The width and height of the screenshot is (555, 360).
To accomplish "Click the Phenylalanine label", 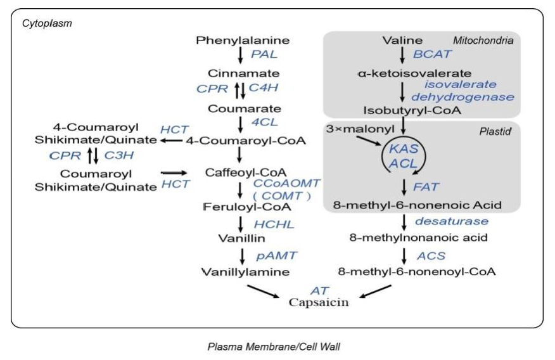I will (x=238, y=41).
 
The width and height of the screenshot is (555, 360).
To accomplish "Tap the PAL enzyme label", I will (x=264, y=55).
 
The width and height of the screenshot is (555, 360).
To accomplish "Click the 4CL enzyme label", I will (x=264, y=122).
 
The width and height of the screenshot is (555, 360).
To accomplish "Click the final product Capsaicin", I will (x=319, y=302).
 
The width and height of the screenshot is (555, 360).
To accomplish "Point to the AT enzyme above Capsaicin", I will (x=319, y=290).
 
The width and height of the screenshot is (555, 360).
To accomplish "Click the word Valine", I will (x=399, y=41).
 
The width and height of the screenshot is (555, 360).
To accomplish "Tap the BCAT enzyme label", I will (x=433, y=55).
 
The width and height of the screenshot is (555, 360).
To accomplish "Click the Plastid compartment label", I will (x=493, y=132).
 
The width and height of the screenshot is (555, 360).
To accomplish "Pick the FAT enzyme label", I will (x=426, y=187).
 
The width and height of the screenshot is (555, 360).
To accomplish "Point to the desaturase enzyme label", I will (x=452, y=221).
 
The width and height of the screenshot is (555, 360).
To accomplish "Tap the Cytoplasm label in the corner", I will (x=47, y=23).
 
